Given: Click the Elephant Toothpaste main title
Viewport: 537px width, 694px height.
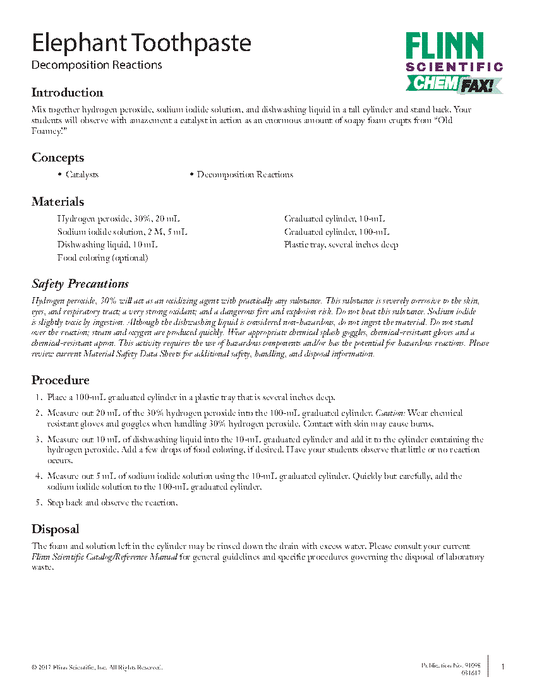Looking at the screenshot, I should (x=141, y=43).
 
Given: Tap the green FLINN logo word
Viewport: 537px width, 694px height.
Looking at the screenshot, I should (x=445, y=47).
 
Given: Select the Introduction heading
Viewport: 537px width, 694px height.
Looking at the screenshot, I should (x=67, y=93).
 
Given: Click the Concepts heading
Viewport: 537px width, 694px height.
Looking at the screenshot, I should (x=57, y=158).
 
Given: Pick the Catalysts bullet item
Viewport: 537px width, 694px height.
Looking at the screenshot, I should (x=82, y=175).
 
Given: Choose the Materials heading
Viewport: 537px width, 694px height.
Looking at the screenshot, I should (x=57, y=202).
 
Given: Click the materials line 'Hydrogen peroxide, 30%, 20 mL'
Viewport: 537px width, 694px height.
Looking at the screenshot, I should (x=112, y=219).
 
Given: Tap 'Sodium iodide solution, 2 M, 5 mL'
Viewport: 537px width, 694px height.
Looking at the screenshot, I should (x=122, y=232).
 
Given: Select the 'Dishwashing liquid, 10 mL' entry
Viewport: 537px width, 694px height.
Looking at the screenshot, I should (x=107, y=244).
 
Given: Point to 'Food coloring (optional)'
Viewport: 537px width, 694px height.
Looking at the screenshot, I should (x=103, y=257).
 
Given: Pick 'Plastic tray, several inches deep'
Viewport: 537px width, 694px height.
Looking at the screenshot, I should (x=341, y=244).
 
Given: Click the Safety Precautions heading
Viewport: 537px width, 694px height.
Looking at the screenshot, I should (x=80, y=284).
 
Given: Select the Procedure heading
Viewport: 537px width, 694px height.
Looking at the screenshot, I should (x=61, y=380).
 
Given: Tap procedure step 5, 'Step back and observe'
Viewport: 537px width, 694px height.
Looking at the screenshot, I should (x=112, y=503).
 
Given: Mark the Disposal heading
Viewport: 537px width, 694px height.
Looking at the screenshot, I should (x=56, y=529).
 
